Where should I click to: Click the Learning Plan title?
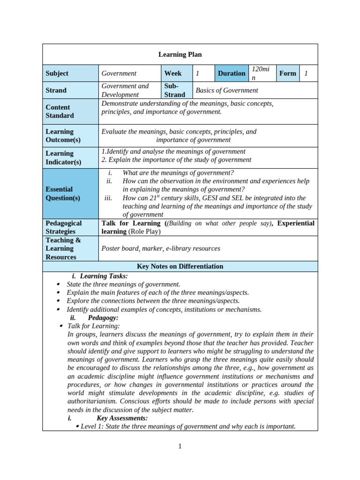pyautogui.click(x=180, y=54)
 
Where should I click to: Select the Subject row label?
pyautogui.click(x=57, y=73)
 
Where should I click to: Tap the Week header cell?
pyautogui.click(x=173, y=73)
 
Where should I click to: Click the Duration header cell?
pyautogui.click(x=231, y=73)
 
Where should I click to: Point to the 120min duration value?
pyautogui.click(x=260, y=73)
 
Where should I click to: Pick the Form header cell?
pyautogui.click(x=287, y=73)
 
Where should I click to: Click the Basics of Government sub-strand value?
pyautogui.click(x=227, y=90)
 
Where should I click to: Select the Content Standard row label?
pyautogui.click(x=60, y=111)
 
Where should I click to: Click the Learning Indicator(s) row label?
pyautogui.click(x=63, y=157)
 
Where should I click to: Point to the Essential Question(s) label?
pyautogui.click(x=63, y=193)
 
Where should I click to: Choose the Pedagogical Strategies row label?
pyautogui.click(x=64, y=227)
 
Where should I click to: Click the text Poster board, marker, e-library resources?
pyautogui.click(x=161, y=248)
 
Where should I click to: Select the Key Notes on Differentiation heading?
pyautogui.click(x=180, y=266)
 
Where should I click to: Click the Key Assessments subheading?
pyautogui.click(x=122, y=418)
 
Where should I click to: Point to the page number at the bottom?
pyautogui.click(x=180, y=446)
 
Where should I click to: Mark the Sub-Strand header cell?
pyautogui.click(x=174, y=90)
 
